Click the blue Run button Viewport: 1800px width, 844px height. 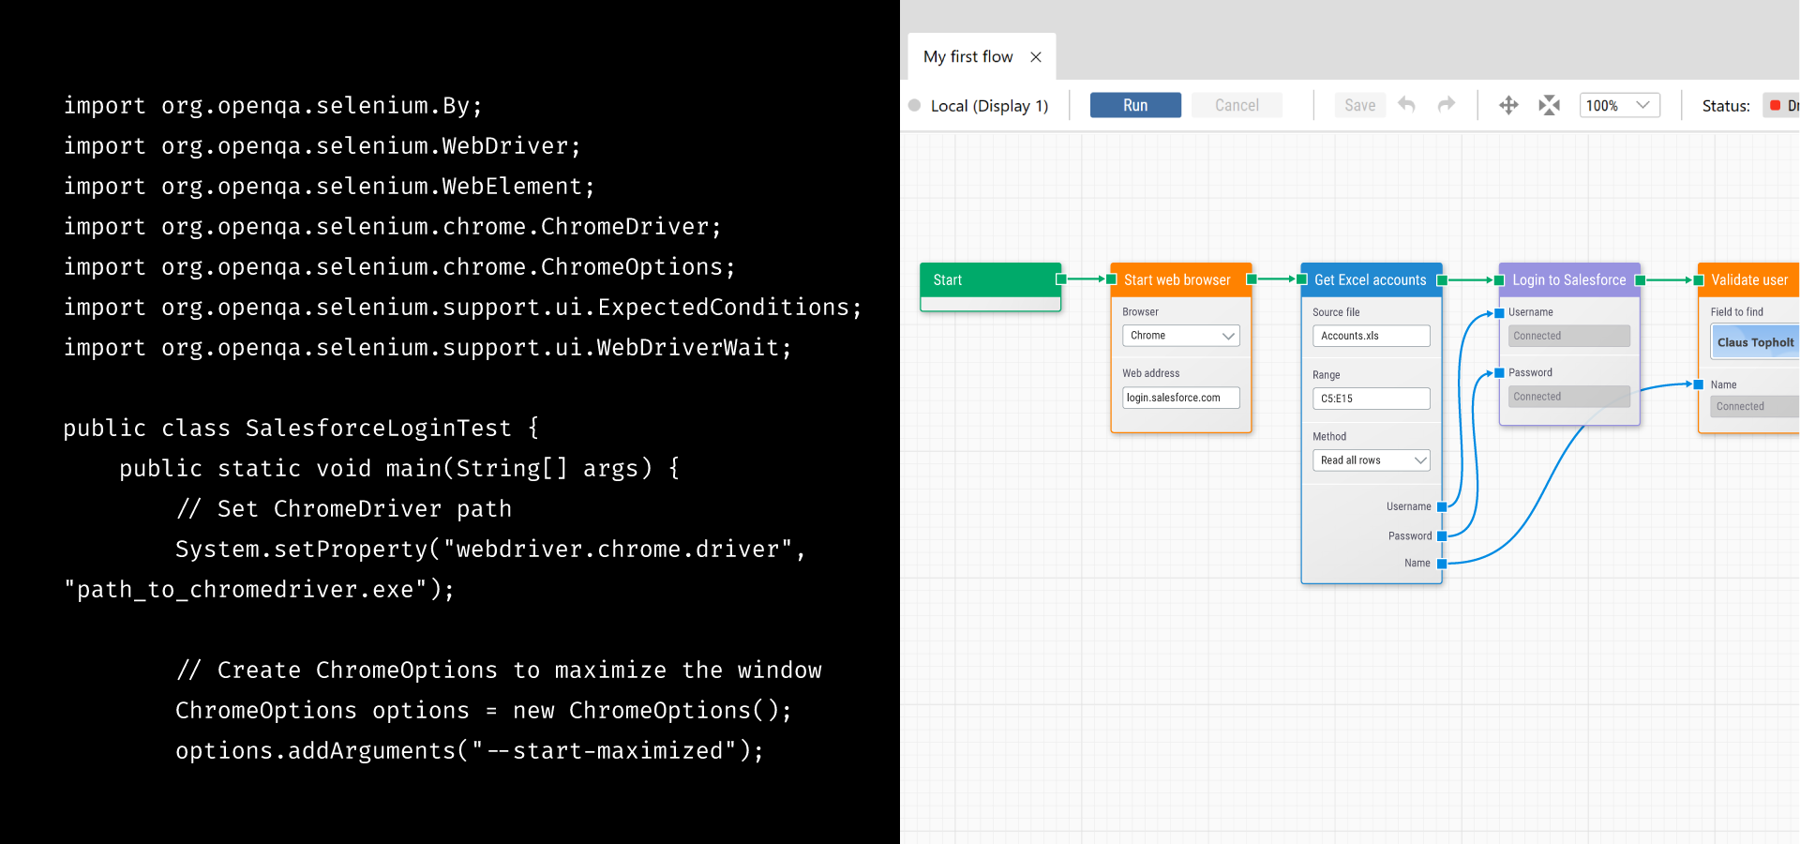1134,105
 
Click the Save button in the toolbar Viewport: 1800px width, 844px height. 1359,105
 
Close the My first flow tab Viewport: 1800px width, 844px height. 1036,57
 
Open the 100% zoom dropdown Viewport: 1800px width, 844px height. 1619,105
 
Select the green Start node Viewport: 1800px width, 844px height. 990,280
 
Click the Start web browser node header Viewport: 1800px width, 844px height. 1177,280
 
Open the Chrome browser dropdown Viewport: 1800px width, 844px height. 1180,336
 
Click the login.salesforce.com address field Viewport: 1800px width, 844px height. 1180,398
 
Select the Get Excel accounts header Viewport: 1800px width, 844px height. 1370,280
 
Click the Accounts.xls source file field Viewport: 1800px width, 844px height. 1371,336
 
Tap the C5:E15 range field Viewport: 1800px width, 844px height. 1371,399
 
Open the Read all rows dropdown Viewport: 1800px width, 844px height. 1371,460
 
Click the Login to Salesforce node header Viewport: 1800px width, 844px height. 1568,280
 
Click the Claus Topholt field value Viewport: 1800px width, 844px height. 1755,343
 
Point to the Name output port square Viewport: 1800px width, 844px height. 1442,564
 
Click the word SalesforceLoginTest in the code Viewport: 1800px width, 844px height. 379,429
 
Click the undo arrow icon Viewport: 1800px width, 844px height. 1406,105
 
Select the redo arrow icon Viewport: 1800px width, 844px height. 1447,105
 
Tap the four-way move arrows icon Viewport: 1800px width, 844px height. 1508,105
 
